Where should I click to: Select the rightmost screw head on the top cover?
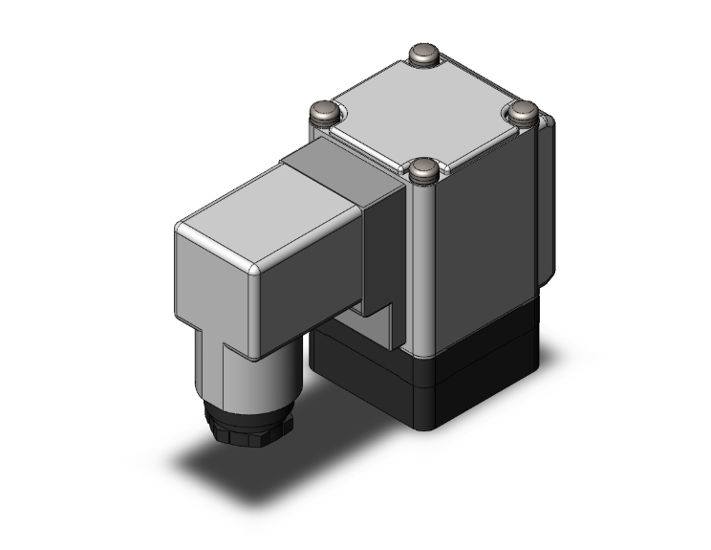525,112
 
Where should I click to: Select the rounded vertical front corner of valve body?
420,268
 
